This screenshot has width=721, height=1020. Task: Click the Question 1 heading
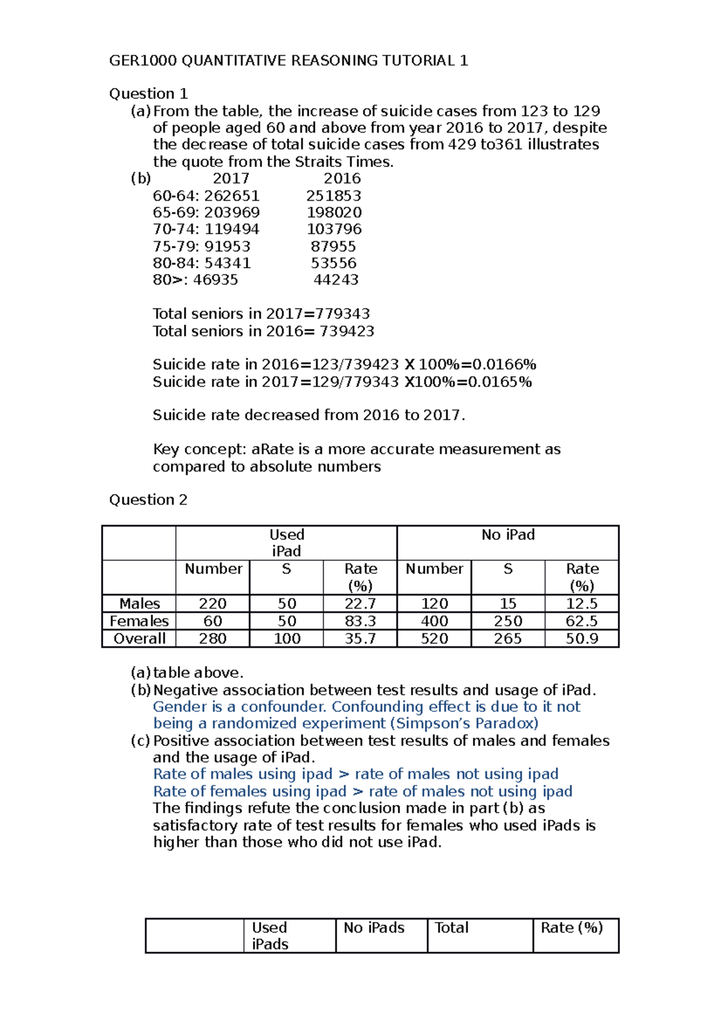(148, 94)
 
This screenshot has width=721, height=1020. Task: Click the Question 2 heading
(148, 500)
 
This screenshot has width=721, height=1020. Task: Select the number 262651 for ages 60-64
(232, 196)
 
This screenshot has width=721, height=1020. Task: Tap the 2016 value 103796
(334, 230)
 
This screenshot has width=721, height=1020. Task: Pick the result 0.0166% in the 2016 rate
(504, 365)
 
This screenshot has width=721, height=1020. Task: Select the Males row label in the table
(139, 603)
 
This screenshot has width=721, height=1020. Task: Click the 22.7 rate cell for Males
(360, 603)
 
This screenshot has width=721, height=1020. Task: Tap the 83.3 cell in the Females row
(360, 621)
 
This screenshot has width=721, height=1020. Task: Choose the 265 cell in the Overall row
(508, 638)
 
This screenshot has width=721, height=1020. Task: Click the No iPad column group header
(508, 535)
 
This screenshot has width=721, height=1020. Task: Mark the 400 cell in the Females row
(434, 621)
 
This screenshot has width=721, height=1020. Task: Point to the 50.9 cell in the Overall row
(582, 638)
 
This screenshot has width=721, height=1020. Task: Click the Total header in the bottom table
(451, 928)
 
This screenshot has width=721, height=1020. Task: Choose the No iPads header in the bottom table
(374, 928)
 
